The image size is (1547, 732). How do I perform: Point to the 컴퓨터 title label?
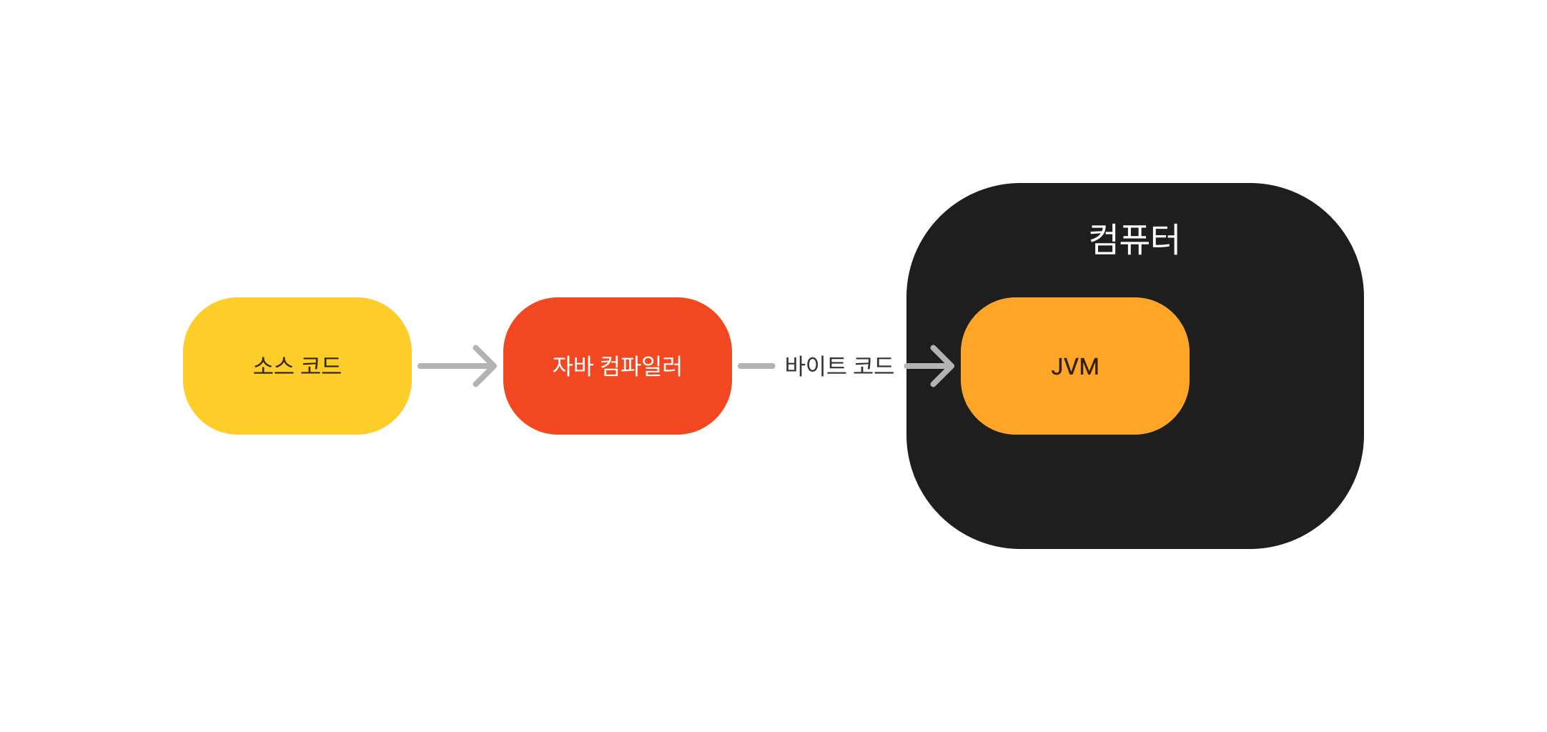(1135, 239)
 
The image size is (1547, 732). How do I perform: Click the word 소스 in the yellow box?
(273, 366)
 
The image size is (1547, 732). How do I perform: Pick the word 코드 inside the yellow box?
(321, 366)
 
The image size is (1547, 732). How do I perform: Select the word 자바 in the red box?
(573, 366)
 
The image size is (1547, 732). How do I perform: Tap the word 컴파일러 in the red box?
(641, 366)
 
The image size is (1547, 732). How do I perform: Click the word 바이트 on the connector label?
(815, 366)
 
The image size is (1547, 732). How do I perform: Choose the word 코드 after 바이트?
(874, 366)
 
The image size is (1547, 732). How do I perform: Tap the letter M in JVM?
(1089, 367)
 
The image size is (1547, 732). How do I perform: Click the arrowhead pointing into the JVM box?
(942, 366)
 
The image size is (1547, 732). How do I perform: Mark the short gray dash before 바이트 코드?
(756, 366)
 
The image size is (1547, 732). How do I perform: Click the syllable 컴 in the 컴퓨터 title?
(1103, 239)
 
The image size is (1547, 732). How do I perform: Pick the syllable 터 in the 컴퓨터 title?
(1165, 239)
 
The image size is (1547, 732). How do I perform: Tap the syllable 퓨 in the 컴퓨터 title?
(1135, 239)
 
